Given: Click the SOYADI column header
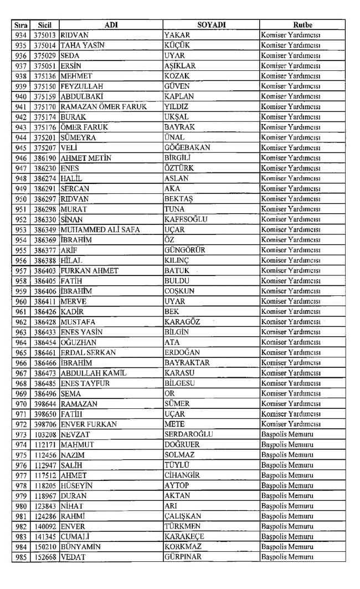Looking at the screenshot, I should (210, 25).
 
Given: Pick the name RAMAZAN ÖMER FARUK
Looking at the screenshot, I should (104, 107).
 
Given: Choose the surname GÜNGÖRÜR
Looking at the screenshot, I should (185, 249).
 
